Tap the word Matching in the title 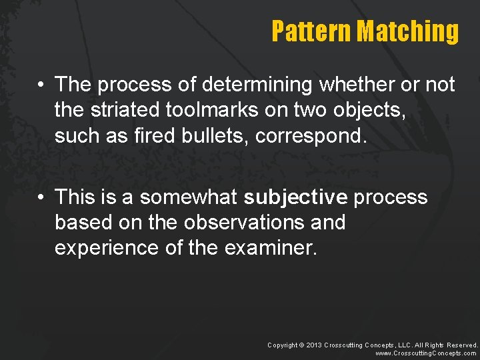point(407,31)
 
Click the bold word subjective point(295,197)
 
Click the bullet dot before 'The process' point(41,85)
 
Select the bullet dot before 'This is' point(41,198)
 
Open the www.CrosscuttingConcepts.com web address point(427,353)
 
